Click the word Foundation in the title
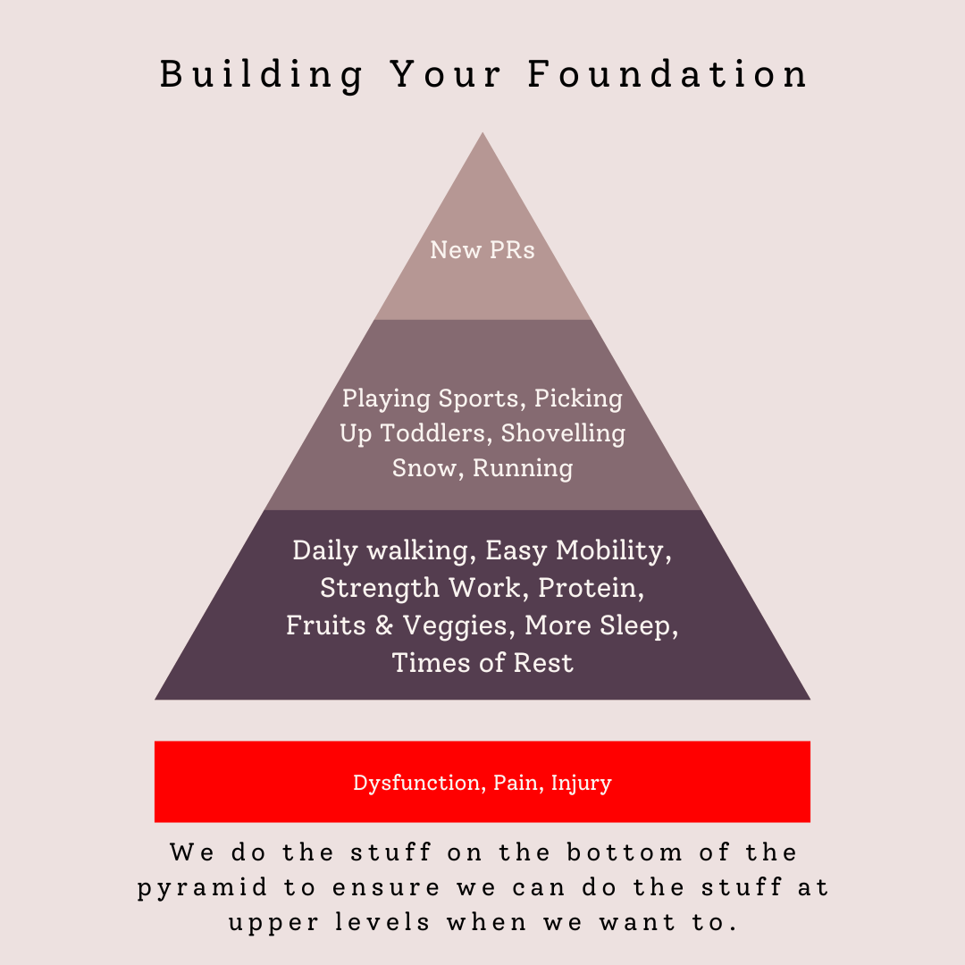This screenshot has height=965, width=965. coord(667,74)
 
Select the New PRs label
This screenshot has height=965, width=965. coord(482,250)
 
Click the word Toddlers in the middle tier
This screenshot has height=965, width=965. coord(436,433)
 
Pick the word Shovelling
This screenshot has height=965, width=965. coord(563,433)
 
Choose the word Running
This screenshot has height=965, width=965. coord(523,468)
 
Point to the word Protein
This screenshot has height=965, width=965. coord(592,588)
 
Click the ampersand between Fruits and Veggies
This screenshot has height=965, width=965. coord(384,625)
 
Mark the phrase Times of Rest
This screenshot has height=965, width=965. coord(482,663)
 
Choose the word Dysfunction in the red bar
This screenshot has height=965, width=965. coord(416,784)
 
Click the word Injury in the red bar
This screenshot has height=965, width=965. coord(581,784)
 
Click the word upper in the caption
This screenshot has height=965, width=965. coord(268,922)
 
